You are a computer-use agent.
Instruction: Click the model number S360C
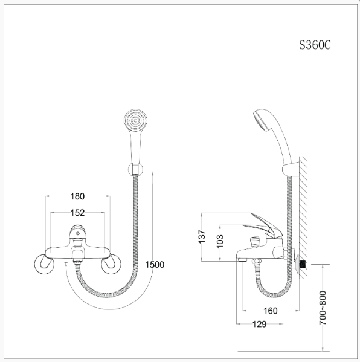315,45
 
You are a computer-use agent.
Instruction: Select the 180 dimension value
77,196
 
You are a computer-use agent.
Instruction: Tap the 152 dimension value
77,213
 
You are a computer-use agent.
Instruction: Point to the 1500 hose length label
155,265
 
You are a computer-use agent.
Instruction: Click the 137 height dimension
202,236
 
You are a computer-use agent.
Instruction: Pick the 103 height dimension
220,241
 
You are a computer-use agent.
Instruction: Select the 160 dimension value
271,311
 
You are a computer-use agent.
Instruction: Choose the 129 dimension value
259,324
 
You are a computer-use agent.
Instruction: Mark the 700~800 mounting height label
323,308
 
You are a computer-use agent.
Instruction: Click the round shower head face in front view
135,121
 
